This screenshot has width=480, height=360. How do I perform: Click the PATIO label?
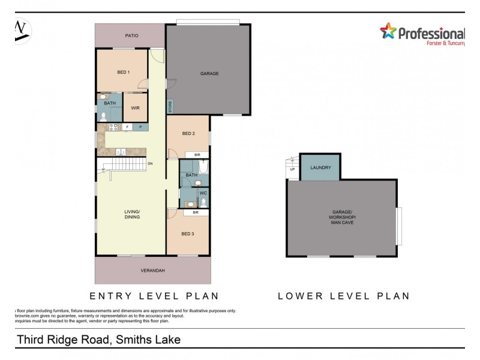(x=131, y=36)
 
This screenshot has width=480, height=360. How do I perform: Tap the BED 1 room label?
(x=123, y=73)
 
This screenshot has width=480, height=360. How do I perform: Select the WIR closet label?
(x=135, y=108)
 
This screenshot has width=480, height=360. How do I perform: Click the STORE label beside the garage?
(x=170, y=107)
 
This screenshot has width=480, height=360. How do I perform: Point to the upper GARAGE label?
(x=209, y=74)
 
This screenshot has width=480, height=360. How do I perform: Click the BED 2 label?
(x=188, y=133)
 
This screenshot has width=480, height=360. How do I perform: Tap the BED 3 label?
(x=188, y=233)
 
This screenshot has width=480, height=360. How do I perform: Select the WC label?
(x=203, y=193)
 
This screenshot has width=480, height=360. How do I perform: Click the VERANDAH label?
(x=153, y=271)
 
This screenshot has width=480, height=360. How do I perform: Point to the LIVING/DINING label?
(x=132, y=214)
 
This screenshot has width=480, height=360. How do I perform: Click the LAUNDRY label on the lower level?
(x=321, y=168)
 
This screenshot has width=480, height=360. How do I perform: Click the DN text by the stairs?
(x=151, y=163)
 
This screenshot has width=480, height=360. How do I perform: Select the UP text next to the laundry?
(x=293, y=169)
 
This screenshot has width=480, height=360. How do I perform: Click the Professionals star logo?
(x=388, y=31)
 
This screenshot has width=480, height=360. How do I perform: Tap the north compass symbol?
(x=22, y=30)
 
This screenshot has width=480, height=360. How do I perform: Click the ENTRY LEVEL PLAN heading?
(x=154, y=296)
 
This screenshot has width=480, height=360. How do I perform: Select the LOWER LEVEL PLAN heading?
(x=343, y=296)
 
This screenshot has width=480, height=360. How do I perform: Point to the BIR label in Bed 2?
(x=189, y=155)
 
